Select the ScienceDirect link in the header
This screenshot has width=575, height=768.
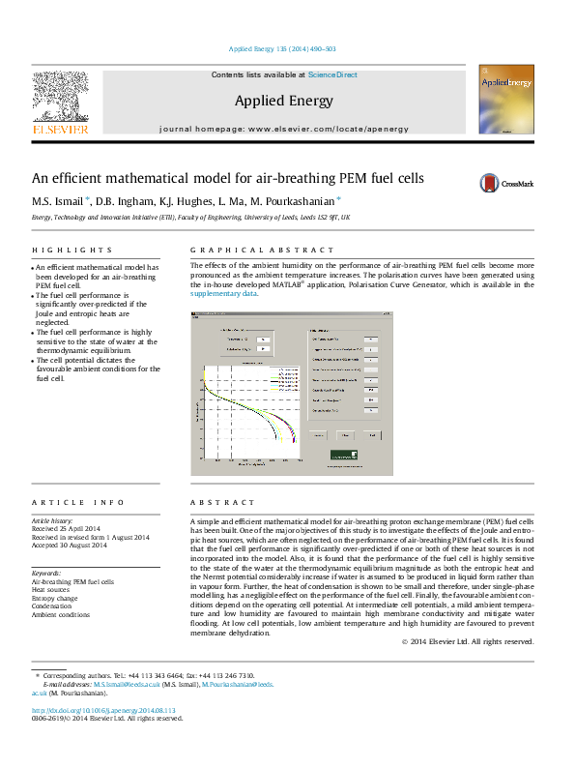click(333, 74)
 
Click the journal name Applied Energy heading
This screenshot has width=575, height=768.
click(283, 101)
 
